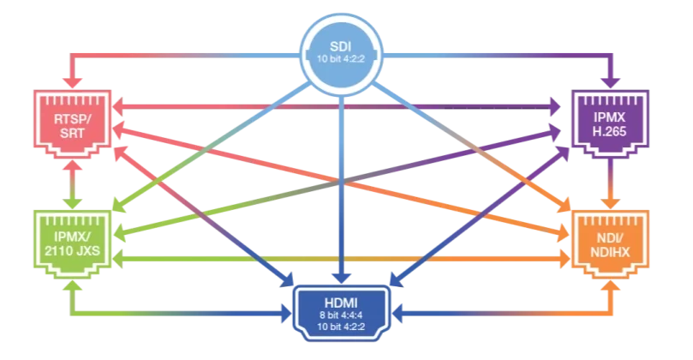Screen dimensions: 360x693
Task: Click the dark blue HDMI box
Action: [345, 313]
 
